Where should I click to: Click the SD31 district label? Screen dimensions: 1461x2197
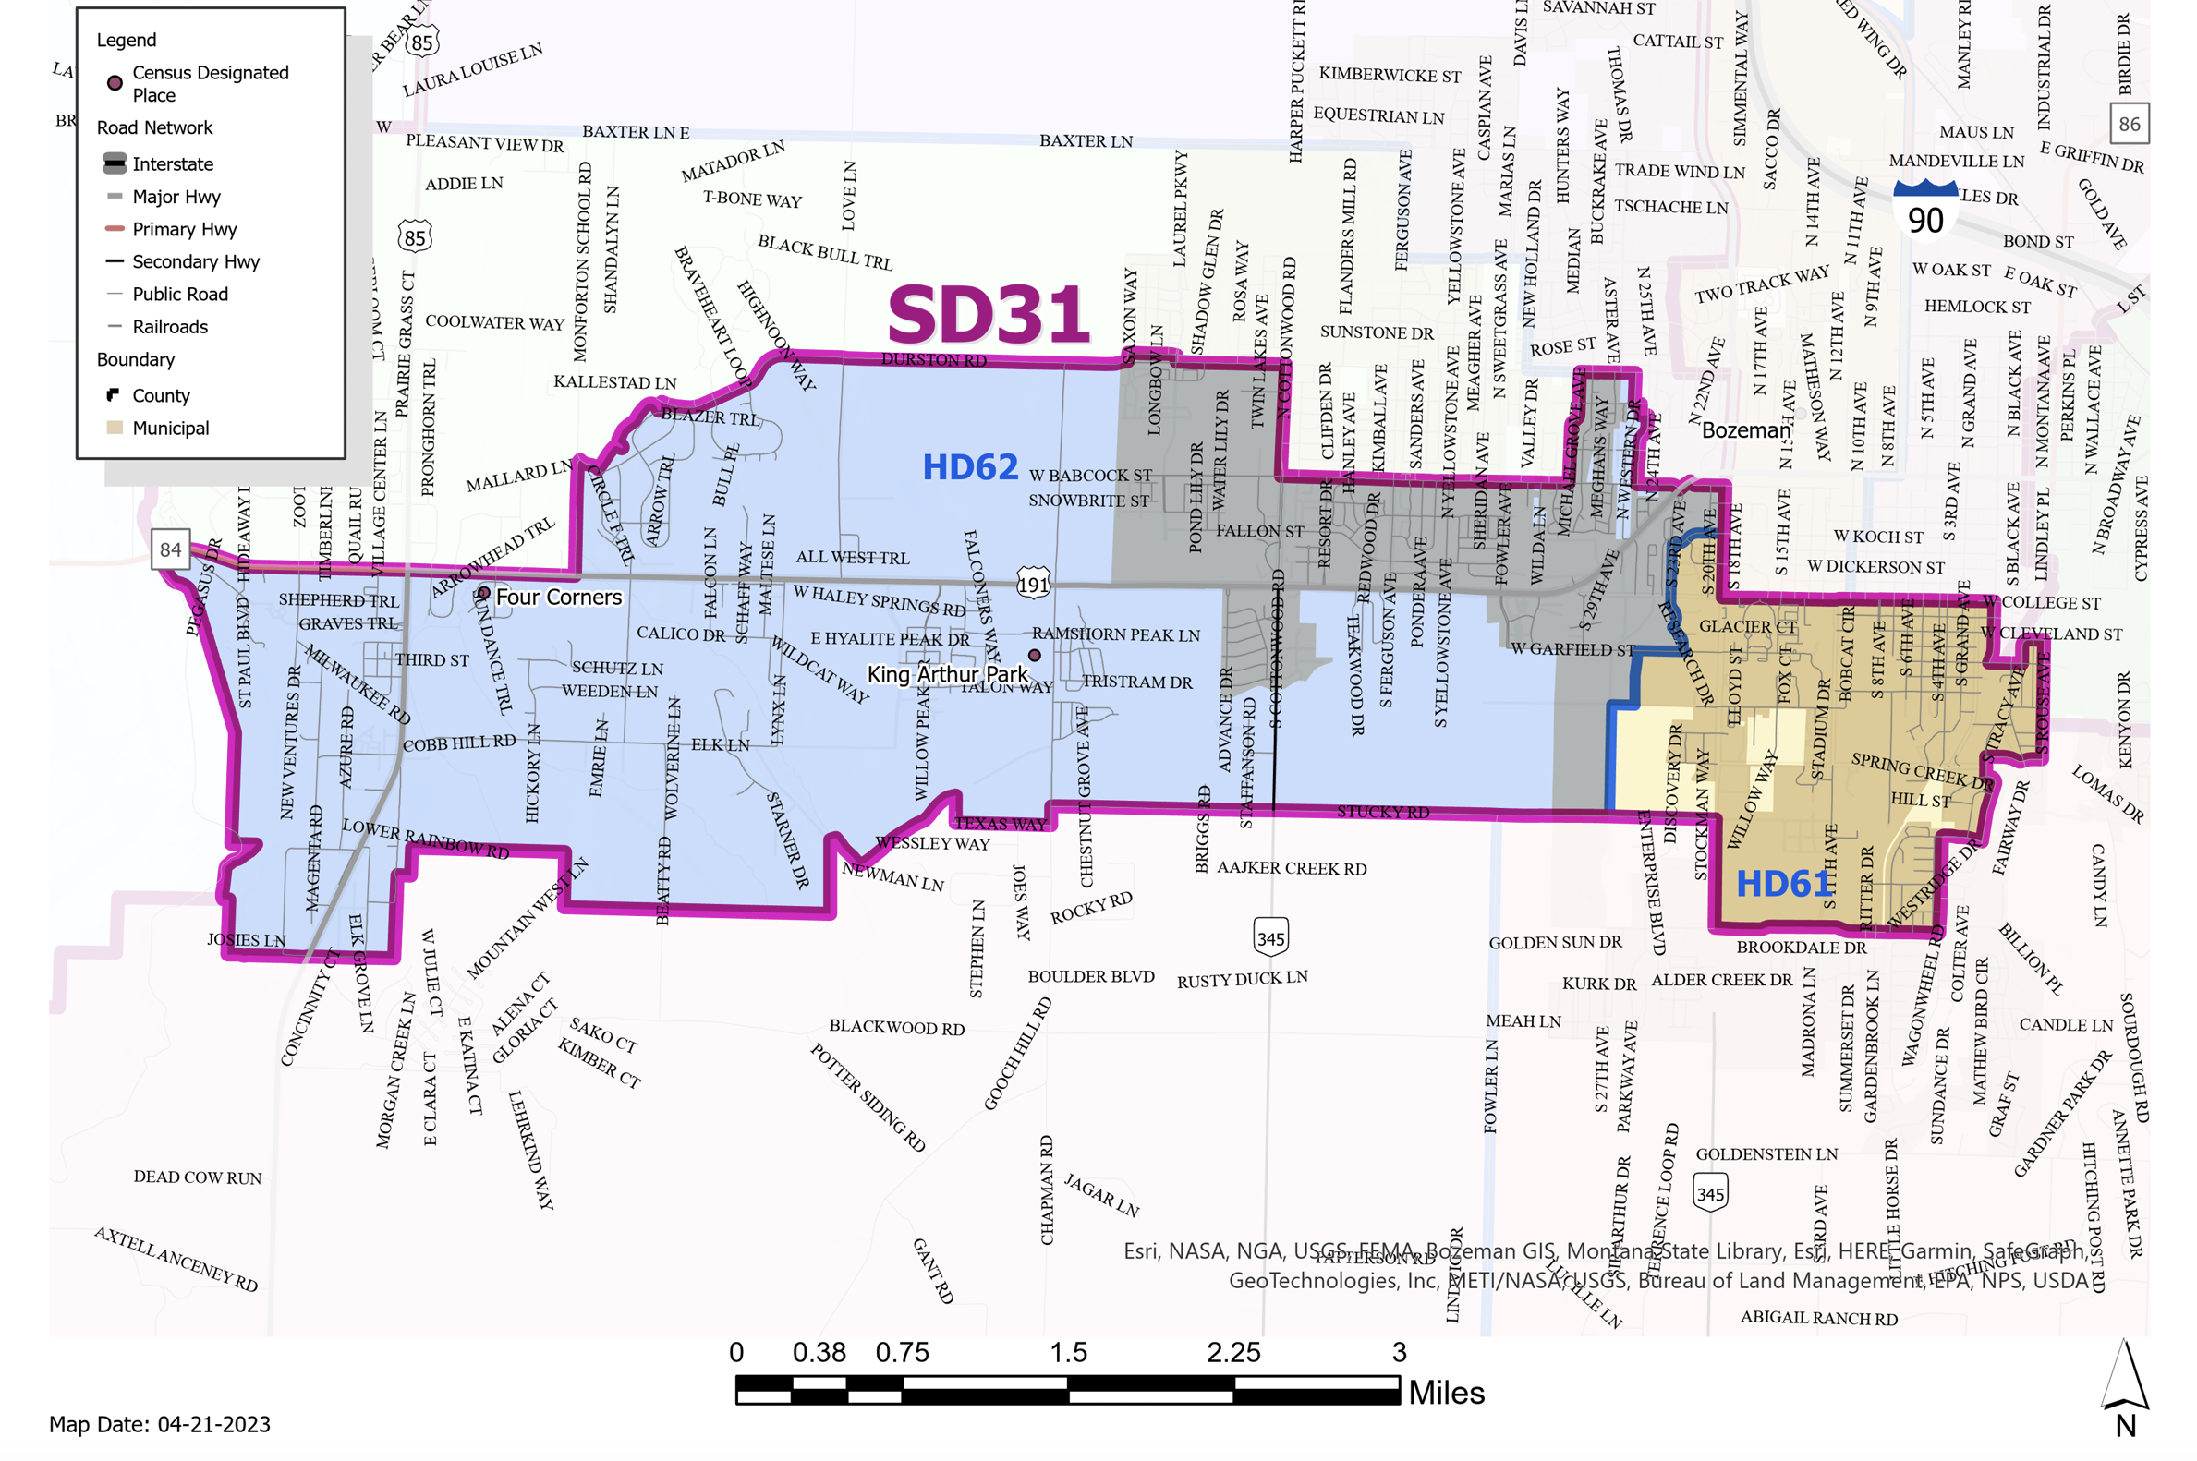click(987, 315)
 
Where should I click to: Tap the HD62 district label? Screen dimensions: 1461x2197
click(969, 467)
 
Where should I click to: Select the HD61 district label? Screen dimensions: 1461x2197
click(1782, 883)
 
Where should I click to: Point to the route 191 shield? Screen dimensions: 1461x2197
click(1033, 585)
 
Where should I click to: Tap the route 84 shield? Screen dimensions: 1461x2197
click(171, 549)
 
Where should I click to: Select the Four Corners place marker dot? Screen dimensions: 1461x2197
click(483, 594)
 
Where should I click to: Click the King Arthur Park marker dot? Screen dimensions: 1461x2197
click(1034, 655)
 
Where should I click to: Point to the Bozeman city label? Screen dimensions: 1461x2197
click(1745, 430)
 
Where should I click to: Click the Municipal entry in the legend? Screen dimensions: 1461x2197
click(171, 429)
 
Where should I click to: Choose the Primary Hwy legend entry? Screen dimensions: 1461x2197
click(184, 229)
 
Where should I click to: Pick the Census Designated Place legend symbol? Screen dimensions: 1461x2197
click(115, 83)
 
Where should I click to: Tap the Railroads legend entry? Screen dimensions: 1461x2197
click(170, 327)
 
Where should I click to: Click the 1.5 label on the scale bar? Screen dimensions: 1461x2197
click(1067, 1353)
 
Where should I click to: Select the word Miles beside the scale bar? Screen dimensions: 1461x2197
click(1446, 1393)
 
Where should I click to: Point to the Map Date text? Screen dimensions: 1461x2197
click(160, 1425)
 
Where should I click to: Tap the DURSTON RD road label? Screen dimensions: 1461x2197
click(933, 360)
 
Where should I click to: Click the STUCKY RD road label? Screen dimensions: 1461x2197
click(1382, 812)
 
